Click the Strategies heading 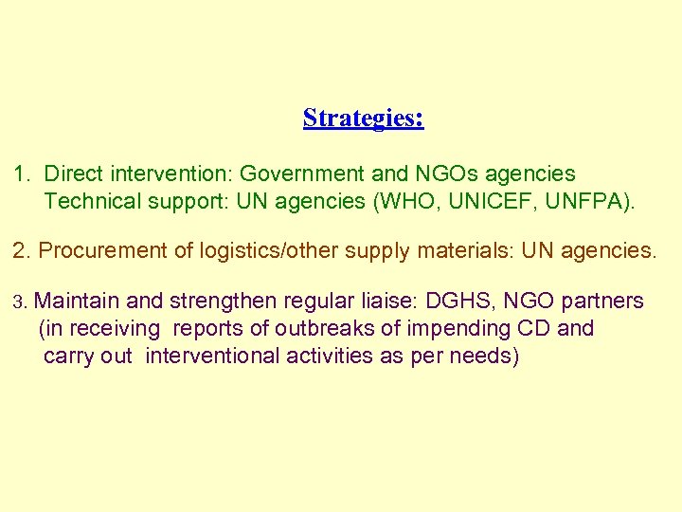(363, 119)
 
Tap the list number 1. (20, 174)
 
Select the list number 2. (20, 251)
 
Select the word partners (602, 302)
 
